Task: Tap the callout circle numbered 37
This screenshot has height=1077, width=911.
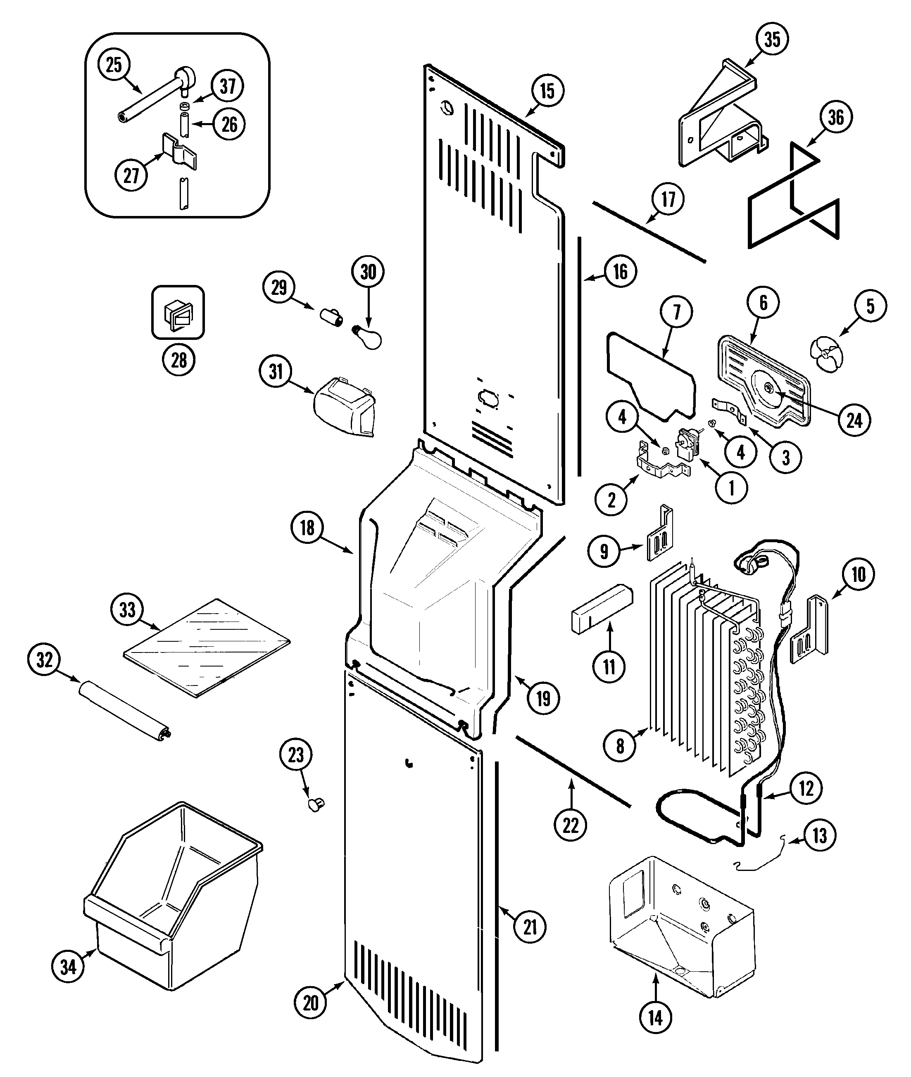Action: pyautogui.click(x=228, y=86)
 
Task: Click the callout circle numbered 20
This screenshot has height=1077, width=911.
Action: pyautogui.click(x=310, y=1003)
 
